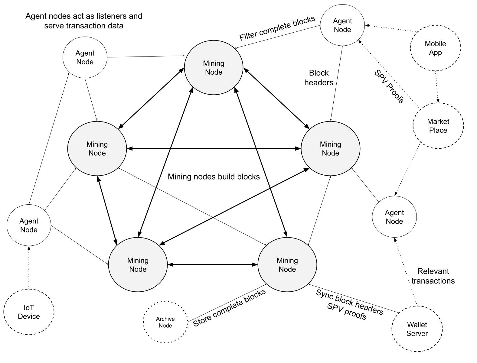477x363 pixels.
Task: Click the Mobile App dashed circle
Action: pos(435,48)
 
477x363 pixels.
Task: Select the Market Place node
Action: pos(438,126)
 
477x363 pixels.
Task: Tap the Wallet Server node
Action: pos(417,329)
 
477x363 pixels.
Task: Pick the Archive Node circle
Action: pos(165,322)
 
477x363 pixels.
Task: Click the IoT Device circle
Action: pos(29,312)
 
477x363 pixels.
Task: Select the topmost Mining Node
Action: pos(214,68)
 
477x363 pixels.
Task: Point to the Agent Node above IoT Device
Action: pos(29,225)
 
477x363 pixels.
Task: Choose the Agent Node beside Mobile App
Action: pos(342,25)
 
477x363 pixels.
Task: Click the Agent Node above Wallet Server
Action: pos(394,217)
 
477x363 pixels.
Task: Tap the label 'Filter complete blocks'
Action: pos(277,28)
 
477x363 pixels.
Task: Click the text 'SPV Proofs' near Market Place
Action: pos(389,87)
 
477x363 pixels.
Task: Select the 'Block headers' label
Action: pos(319,78)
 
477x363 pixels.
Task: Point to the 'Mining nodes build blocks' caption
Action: pos(214,177)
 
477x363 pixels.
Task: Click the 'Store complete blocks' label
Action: pos(229,307)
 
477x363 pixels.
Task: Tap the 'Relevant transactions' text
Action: pos(433,276)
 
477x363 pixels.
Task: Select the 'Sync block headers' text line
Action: pos(349,302)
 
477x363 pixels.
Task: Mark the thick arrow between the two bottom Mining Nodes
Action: pos(212,265)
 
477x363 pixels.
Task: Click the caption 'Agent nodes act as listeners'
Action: pos(84,16)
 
